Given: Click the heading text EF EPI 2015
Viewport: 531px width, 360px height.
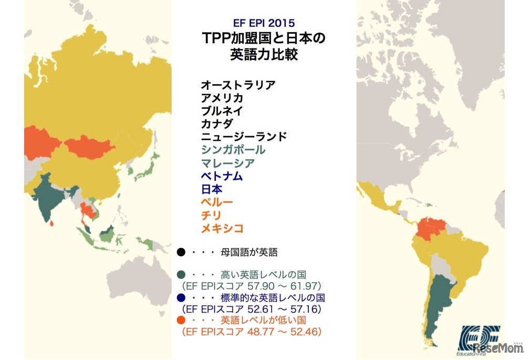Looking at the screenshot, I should click(264, 23).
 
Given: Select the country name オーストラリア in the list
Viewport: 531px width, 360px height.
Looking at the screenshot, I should click(238, 85).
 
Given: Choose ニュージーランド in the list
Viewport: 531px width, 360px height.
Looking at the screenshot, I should click(244, 137).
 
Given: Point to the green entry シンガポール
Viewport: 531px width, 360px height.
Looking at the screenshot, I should click(233, 150).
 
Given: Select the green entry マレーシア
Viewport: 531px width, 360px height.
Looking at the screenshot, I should click(227, 163).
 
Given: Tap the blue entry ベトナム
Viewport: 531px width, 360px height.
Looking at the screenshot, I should click(222, 177).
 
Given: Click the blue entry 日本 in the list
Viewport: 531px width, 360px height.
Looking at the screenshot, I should click(211, 190).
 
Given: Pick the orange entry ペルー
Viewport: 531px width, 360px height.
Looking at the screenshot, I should click(216, 202).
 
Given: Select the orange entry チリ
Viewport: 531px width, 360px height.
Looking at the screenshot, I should click(211, 215).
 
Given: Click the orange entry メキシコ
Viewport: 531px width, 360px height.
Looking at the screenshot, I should click(222, 229).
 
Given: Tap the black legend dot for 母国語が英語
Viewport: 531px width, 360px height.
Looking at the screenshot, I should click(181, 252).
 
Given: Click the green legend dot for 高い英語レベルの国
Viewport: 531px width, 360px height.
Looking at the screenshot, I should click(181, 275).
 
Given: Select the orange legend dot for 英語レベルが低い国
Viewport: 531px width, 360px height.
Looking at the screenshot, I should click(181, 320).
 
